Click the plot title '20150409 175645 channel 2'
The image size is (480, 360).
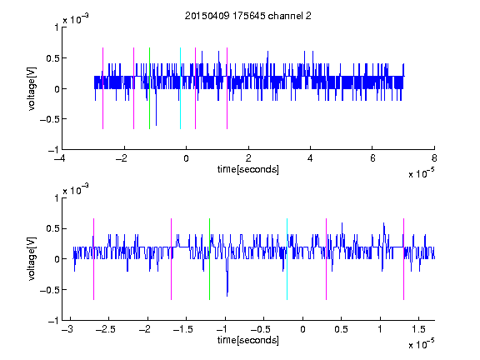tap(248, 16)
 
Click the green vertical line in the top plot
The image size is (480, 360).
tap(149, 88)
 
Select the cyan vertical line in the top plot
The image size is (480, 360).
tap(180, 88)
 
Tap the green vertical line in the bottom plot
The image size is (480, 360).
tap(209, 259)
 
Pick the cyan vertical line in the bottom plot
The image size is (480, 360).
tap(287, 259)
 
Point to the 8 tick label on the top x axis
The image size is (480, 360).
tap(434, 158)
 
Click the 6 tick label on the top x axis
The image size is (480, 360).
tap(372, 158)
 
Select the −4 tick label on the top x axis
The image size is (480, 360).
tap(59, 158)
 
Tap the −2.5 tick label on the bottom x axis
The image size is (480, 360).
tap(105, 329)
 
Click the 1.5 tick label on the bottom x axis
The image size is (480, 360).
tap(418, 329)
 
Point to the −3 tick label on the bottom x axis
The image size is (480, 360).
tap(67, 329)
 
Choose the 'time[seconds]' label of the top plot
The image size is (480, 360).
tap(248, 169)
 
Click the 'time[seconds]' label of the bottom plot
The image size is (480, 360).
tap(248, 340)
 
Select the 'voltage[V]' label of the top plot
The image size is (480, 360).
tap(32, 88)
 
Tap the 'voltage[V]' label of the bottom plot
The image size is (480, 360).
tap(32, 258)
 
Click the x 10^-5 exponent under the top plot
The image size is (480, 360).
tap(421, 173)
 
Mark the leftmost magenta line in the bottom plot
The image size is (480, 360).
tap(93, 259)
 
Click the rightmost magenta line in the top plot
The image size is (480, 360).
tap(227, 88)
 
